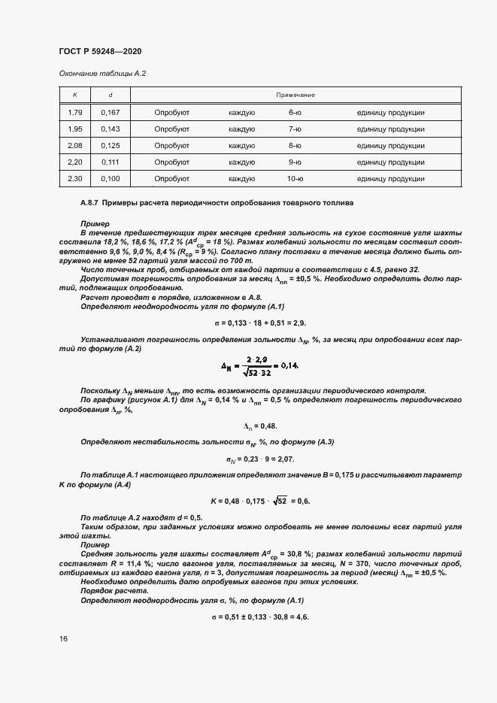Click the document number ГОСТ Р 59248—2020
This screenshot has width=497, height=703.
point(100,52)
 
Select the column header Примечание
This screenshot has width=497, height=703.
point(295,95)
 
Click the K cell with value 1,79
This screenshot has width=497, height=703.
point(74,112)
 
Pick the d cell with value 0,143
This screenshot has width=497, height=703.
point(110,129)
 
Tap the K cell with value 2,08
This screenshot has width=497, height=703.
point(74,145)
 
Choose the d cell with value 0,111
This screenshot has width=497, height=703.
point(110,162)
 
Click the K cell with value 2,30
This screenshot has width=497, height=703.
point(74,178)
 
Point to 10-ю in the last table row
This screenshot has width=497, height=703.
point(295,178)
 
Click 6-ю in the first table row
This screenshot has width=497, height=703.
point(295,112)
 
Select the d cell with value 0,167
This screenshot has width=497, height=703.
point(110,112)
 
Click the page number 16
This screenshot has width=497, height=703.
point(63,639)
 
